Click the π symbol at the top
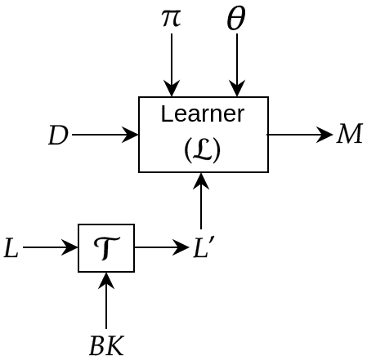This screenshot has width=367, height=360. click(171, 17)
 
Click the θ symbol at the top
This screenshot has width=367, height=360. click(236, 19)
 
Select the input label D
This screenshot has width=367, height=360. click(58, 136)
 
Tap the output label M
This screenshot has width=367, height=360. click(349, 135)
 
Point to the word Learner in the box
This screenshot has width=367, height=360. click(203, 114)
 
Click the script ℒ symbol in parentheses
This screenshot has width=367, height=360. click(203, 149)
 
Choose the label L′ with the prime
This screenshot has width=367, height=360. click(204, 248)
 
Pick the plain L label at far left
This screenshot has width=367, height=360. click(11, 248)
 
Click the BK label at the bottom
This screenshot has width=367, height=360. click(106, 346)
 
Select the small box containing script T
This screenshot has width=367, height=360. click(106, 248)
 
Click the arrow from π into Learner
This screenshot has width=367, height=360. click(172, 65)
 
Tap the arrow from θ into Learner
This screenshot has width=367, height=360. click(237, 65)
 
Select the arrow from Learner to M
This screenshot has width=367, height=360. click(299, 135)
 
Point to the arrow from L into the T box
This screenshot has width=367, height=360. click(51, 248)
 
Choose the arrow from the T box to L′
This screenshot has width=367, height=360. click(161, 247)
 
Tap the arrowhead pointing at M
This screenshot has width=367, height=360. click(326, 135)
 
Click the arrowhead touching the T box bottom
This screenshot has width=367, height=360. click(106, 278)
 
